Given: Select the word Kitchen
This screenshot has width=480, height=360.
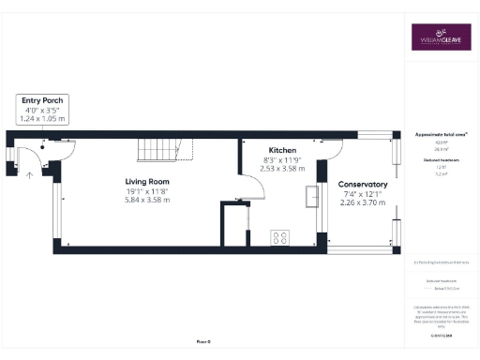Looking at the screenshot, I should (282, 150).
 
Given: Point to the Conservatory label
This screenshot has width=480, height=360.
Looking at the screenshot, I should (363, 185).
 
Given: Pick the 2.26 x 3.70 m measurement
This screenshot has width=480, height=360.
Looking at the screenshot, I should (363, 203).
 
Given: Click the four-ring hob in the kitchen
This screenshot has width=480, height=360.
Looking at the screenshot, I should (280, 237).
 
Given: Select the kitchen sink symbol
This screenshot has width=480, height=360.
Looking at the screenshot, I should (309, 194).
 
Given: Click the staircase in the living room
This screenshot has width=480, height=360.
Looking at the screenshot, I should (157, 149).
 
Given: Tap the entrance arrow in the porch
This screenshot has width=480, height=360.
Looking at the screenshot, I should (30, 174).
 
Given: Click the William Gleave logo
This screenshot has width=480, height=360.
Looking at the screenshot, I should (440, 38).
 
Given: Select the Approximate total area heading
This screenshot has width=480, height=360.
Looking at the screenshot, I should (441, 135).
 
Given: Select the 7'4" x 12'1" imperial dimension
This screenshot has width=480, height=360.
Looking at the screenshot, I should (363, 194).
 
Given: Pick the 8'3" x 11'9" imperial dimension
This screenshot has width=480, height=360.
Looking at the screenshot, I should (282, 159).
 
